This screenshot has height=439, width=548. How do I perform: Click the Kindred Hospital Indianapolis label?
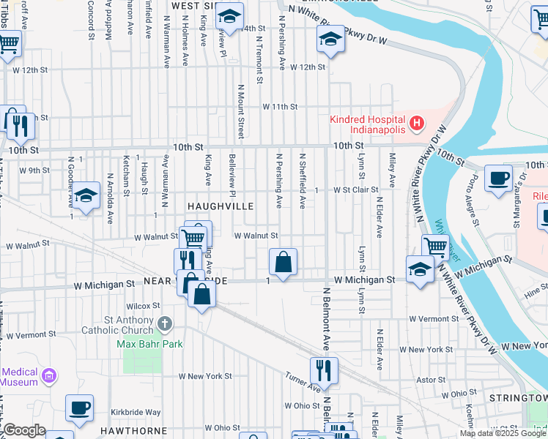point(367,124)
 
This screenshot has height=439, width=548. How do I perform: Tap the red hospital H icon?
point(416,123)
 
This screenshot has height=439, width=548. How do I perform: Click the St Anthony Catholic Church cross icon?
point(165,323)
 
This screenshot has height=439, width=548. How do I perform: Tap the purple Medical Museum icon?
point(49,376)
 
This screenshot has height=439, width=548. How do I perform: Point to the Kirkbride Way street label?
point(136,413)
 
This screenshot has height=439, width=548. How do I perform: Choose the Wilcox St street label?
point(143,306)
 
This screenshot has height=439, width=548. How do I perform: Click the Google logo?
point(24,430)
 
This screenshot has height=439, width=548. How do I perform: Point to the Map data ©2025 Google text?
point(503,433)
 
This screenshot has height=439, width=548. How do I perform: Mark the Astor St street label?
point(430,380)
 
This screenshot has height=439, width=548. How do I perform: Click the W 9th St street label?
point(34,170)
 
